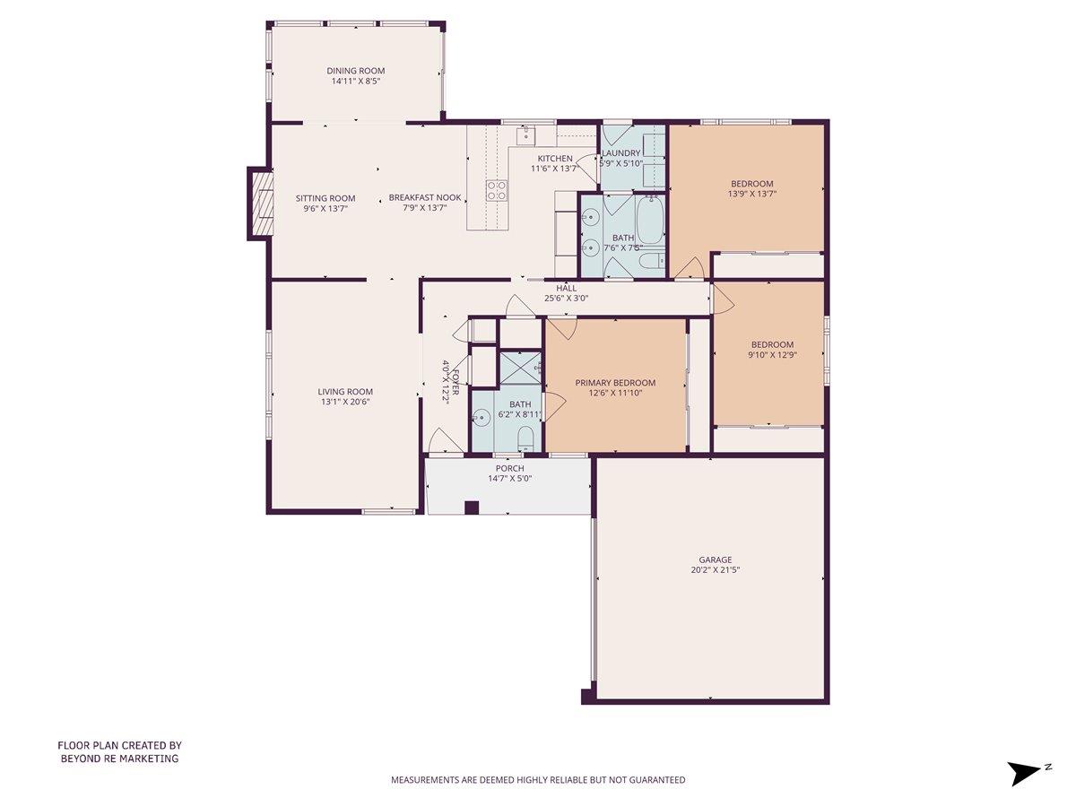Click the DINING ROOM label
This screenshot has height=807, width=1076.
pyautogui.click(x=356, y=71)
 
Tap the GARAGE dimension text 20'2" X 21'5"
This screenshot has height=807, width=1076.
pyautogui.click(x=715, y=569)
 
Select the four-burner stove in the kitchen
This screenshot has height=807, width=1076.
pyautogui.click(x=496, y=190)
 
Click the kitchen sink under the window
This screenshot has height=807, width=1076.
pyautogui.click(x=525, y=135)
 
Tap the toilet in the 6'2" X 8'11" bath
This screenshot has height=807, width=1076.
pyautogui.click(x=526, y=438)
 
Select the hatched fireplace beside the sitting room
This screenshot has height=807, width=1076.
pyautogui.click(x=260, y=204)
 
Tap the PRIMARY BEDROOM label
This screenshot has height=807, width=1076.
pyautogui.click(x=615, y=383)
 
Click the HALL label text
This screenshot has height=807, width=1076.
pyautogui.click(x=566, y=288)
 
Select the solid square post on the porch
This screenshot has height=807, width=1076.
pyautogui.click(x=472, y=508)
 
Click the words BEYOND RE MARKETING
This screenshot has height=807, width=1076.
pyautogui.click(x=119, y=759)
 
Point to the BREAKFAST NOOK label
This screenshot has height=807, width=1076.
pyautogui.click(x=424, y=198)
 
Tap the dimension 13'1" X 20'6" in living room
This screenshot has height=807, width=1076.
pyautogui.click(x=344, y=402)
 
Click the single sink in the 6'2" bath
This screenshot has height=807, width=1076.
pyautogui.click(x=482, y=415)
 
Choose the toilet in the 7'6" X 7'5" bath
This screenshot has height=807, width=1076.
pyautogui.click(x=651, y=262)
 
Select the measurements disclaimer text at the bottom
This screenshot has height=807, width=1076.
pyautogui.click(x=538, y=780)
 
